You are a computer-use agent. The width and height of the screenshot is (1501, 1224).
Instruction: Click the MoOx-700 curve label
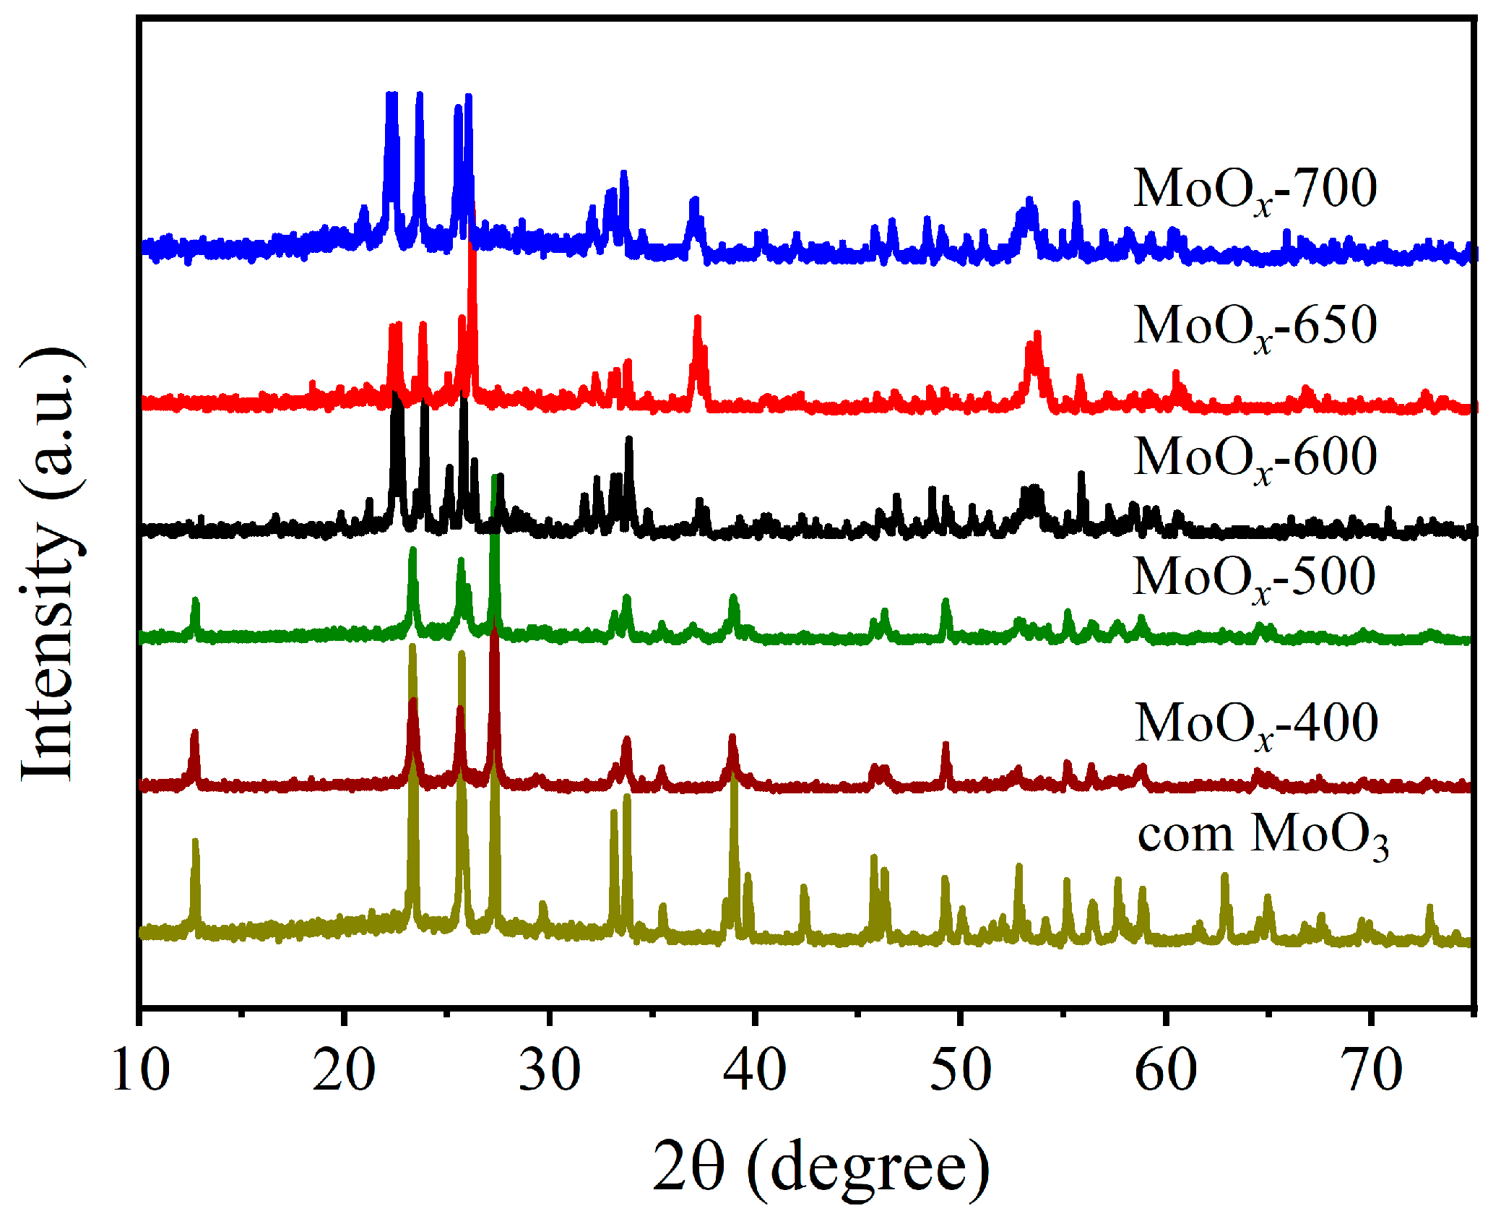click(x=1255, y=190)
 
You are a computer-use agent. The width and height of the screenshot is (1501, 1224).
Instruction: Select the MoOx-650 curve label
click(x=1255, y=327)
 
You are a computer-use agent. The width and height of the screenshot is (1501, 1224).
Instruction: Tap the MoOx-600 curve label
click(x=1255, y=459)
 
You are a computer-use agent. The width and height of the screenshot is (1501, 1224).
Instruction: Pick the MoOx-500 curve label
click(x=1254, y=579)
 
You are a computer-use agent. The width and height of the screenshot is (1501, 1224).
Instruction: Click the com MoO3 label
click(x=1263, y=837)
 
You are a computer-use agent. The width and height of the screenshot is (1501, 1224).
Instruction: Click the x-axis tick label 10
click(x=140, y=1070)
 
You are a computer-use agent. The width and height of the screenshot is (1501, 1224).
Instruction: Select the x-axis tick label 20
click(x=345, y=1070)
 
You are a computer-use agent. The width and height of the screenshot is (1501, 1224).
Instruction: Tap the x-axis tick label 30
click(x=550, y=1070)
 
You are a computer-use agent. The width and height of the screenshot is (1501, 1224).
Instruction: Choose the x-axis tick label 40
click(x=755, y=1070)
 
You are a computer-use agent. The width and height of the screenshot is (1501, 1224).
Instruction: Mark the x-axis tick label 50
click(x=960, y=1070)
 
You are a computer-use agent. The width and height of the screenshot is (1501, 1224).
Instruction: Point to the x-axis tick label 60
click(x=1165, y=1070)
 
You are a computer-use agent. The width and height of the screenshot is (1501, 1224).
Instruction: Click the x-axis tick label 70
click(x=1370, y=1070)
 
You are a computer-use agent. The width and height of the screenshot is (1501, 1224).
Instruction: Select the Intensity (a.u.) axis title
click(x=49, y=564)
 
